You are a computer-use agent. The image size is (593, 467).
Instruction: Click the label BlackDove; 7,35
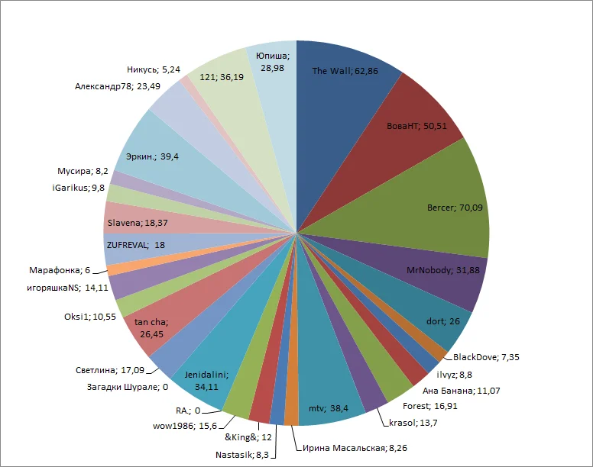click(x=486, y=357)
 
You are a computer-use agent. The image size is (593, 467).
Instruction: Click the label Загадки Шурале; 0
click(x=127, y=387)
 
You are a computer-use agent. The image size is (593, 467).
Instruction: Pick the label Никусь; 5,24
click(x=154, y=69)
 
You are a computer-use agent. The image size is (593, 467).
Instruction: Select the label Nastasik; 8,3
click(x=241, y=455)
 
